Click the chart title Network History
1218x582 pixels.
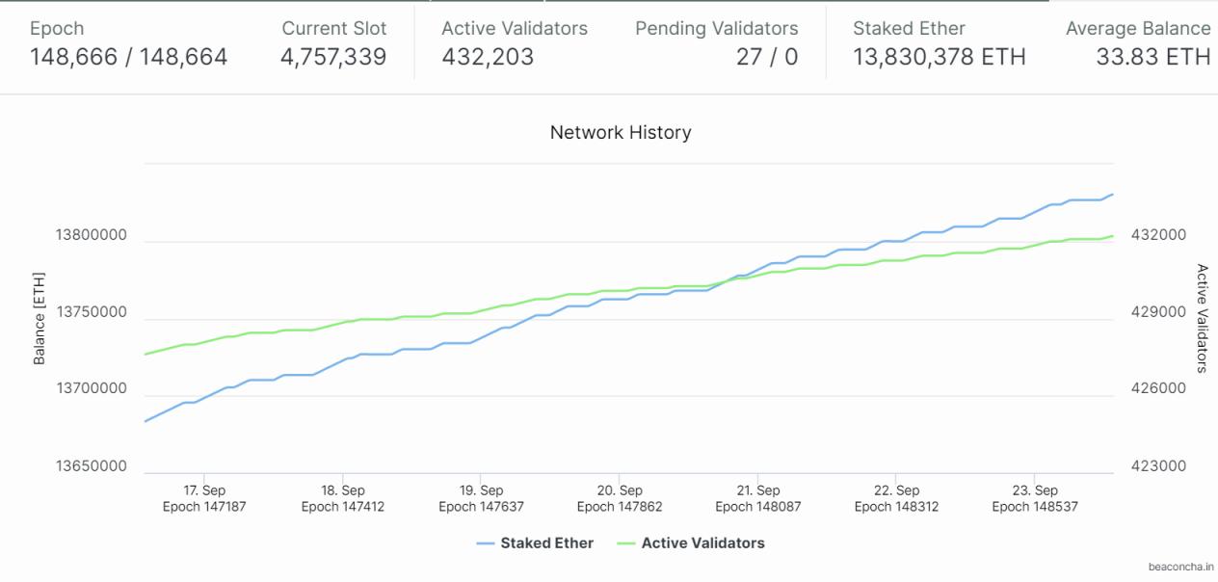621,133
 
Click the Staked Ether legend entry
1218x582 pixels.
545,543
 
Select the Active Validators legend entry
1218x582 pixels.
702,543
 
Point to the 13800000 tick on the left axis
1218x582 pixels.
91,235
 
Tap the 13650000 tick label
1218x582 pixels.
91,466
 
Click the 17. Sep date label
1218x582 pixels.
204,490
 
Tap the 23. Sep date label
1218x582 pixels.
1034,490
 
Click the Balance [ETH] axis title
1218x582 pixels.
40,317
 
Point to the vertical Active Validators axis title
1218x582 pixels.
1202,317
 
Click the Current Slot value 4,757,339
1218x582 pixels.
333,58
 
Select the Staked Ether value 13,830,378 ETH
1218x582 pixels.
939,58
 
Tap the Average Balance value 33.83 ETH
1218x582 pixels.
1152,58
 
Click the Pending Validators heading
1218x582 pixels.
716,29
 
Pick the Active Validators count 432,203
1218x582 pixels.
488,58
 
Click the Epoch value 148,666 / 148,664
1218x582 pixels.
129,58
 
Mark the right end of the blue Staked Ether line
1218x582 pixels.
1113,195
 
